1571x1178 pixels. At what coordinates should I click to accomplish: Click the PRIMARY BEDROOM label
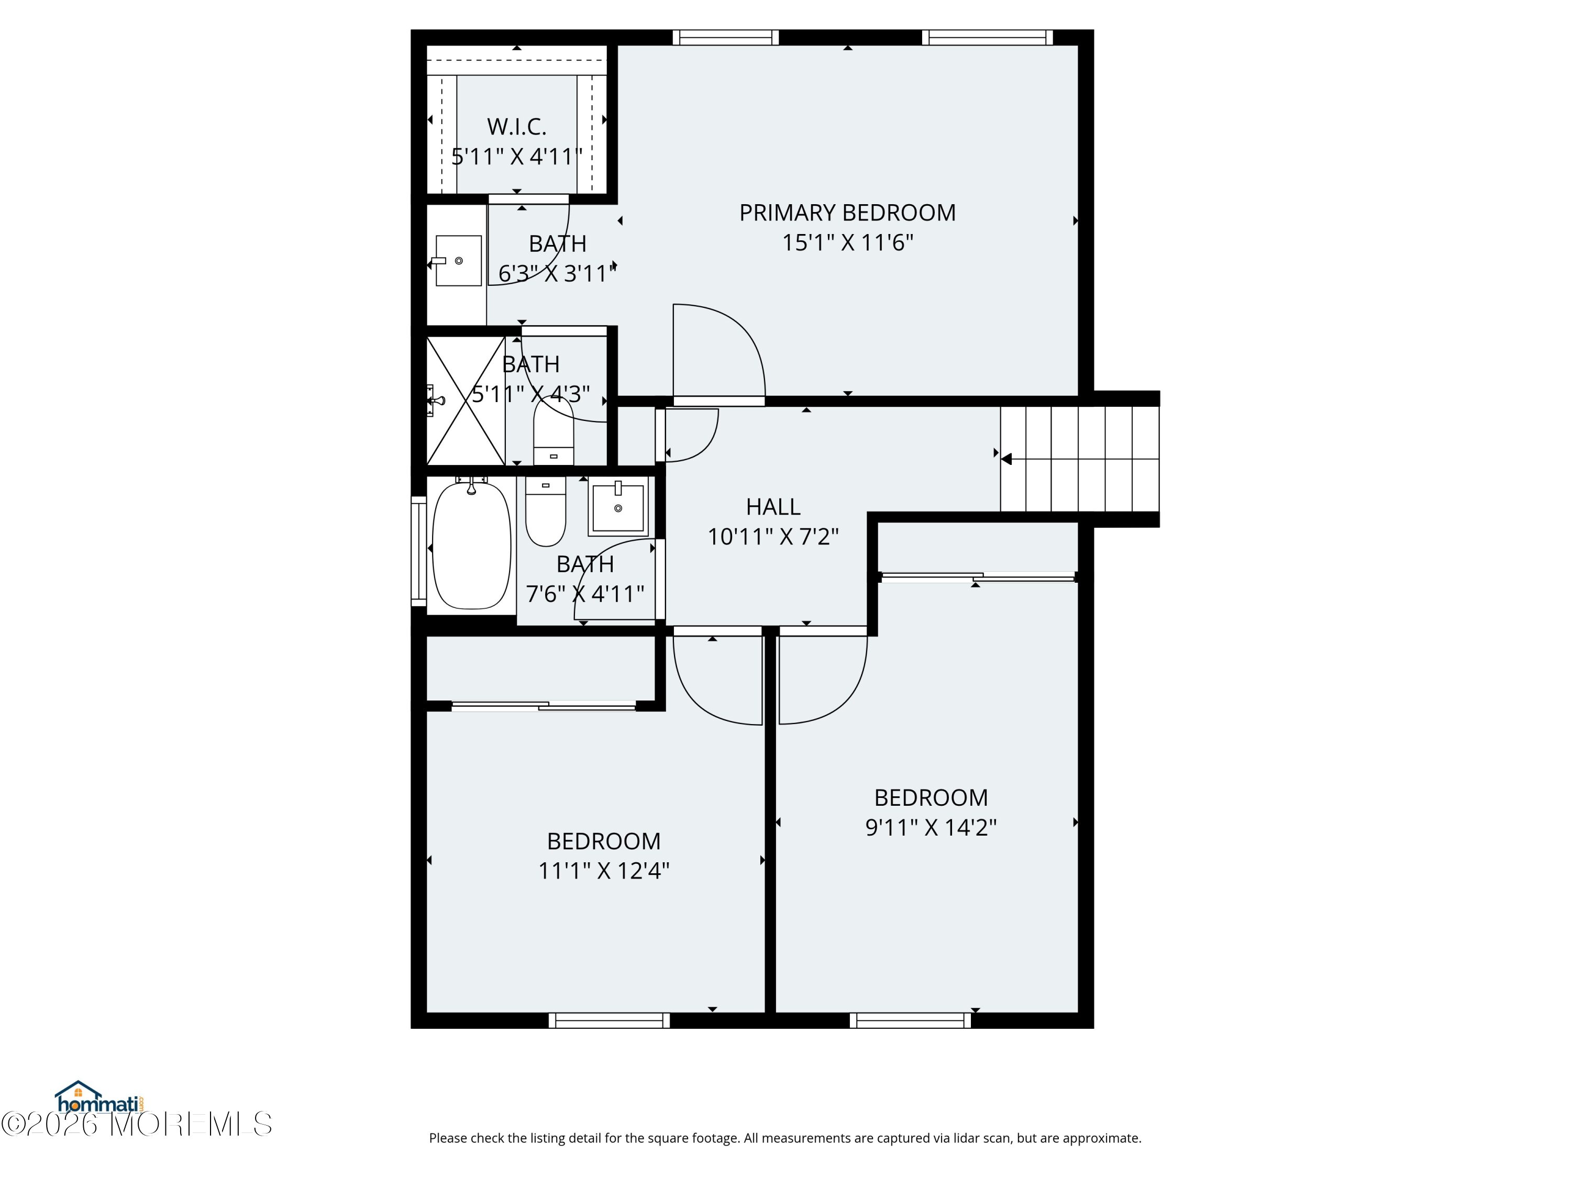coord(847,213)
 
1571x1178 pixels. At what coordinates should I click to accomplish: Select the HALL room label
coord(773,506)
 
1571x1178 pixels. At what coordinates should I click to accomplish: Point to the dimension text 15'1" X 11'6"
coord(847,243)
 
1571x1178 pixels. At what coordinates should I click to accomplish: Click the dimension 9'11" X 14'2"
coord(931,827)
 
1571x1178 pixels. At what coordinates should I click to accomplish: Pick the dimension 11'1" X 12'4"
coord(604,871)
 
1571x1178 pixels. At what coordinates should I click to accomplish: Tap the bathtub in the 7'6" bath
coord(472,544)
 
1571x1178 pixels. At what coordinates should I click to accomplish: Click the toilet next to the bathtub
coord(546,511)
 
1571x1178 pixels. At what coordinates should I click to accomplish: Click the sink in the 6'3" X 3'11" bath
coord(457,261)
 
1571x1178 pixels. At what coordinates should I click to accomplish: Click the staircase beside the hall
coord(1079,459)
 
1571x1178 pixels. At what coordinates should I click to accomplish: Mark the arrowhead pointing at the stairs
coord(1005,459)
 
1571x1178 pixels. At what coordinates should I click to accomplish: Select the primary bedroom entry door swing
coord(719,351)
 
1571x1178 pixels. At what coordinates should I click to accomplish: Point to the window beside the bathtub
coord(418,551)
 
